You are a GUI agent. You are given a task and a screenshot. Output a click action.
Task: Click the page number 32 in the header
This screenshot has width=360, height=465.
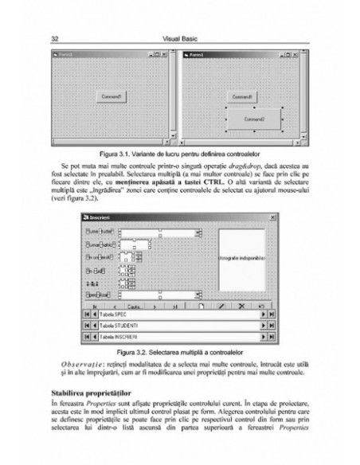click(x=53, y=37)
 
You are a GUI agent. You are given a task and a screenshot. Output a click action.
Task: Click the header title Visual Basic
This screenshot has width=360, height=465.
click(x=180, y=37)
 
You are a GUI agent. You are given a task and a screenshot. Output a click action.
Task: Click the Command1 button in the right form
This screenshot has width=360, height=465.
click(x=242, y=96)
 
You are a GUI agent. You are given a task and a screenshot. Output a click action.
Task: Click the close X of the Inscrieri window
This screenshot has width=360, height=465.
click(x=273, y=217)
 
